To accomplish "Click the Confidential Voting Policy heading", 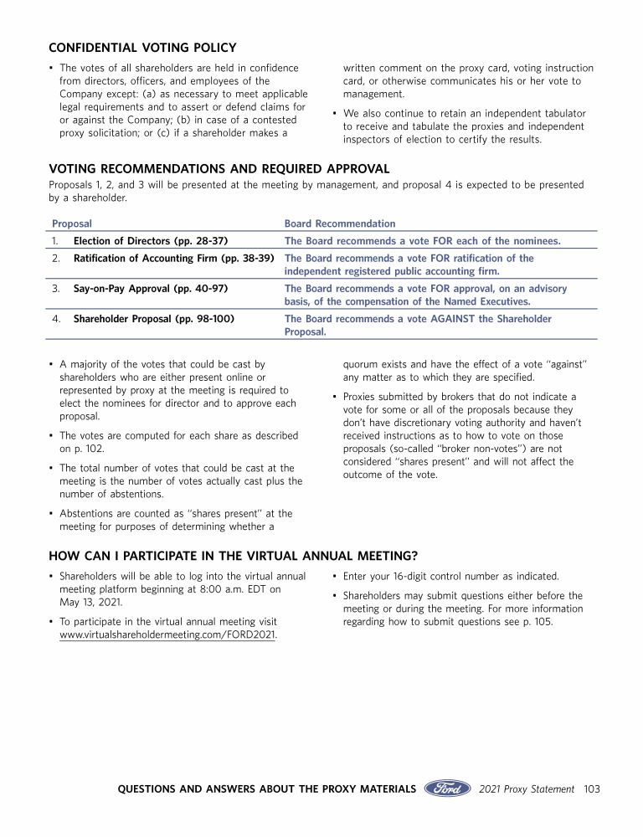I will tap(142, 48).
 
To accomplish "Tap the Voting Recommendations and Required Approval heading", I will tap(219, 169).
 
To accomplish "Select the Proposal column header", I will tap(72, 223).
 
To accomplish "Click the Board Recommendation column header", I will tap(340, 223).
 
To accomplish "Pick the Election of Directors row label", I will tap(151, 241).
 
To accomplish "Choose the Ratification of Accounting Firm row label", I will tap(174, 259).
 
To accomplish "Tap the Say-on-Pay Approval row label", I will tap(152, 289).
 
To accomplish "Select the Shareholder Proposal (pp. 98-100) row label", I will tap(154, 319).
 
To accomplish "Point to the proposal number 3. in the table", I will tap(55, 289).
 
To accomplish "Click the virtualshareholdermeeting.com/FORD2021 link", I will tap(168, 634).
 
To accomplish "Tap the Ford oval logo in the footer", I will tap(448, 788).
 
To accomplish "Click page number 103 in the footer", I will tap(592, 788).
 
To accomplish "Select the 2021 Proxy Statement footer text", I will tap(527, 788).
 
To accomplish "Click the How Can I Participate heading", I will tap(234, 556).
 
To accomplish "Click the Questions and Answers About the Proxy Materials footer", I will tap(267, 788).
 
